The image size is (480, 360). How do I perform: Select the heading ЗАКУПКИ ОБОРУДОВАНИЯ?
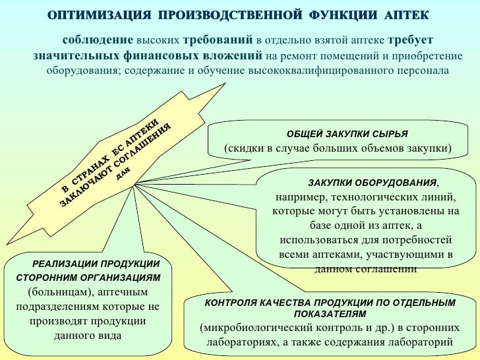click(x=363, y=182)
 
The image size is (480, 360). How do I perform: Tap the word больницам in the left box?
click(x=60, y=291)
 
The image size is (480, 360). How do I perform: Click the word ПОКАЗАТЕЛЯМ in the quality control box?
click(x=329, y=313)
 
